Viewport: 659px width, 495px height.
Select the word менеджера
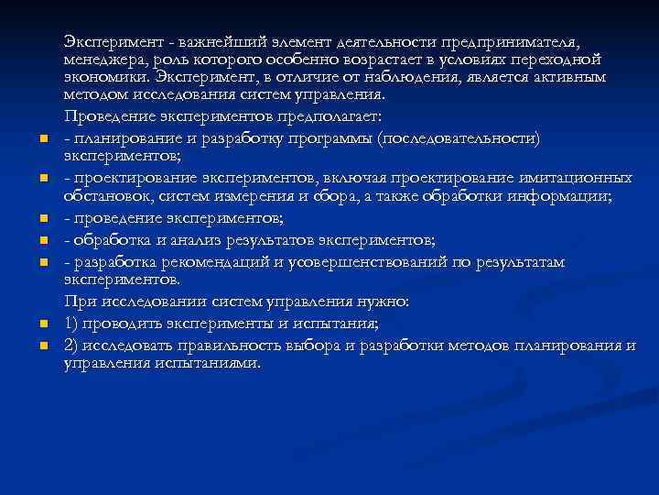coord(102,60)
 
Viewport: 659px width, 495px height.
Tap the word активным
coord(569,77)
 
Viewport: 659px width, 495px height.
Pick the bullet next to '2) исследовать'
coord(43,346)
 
